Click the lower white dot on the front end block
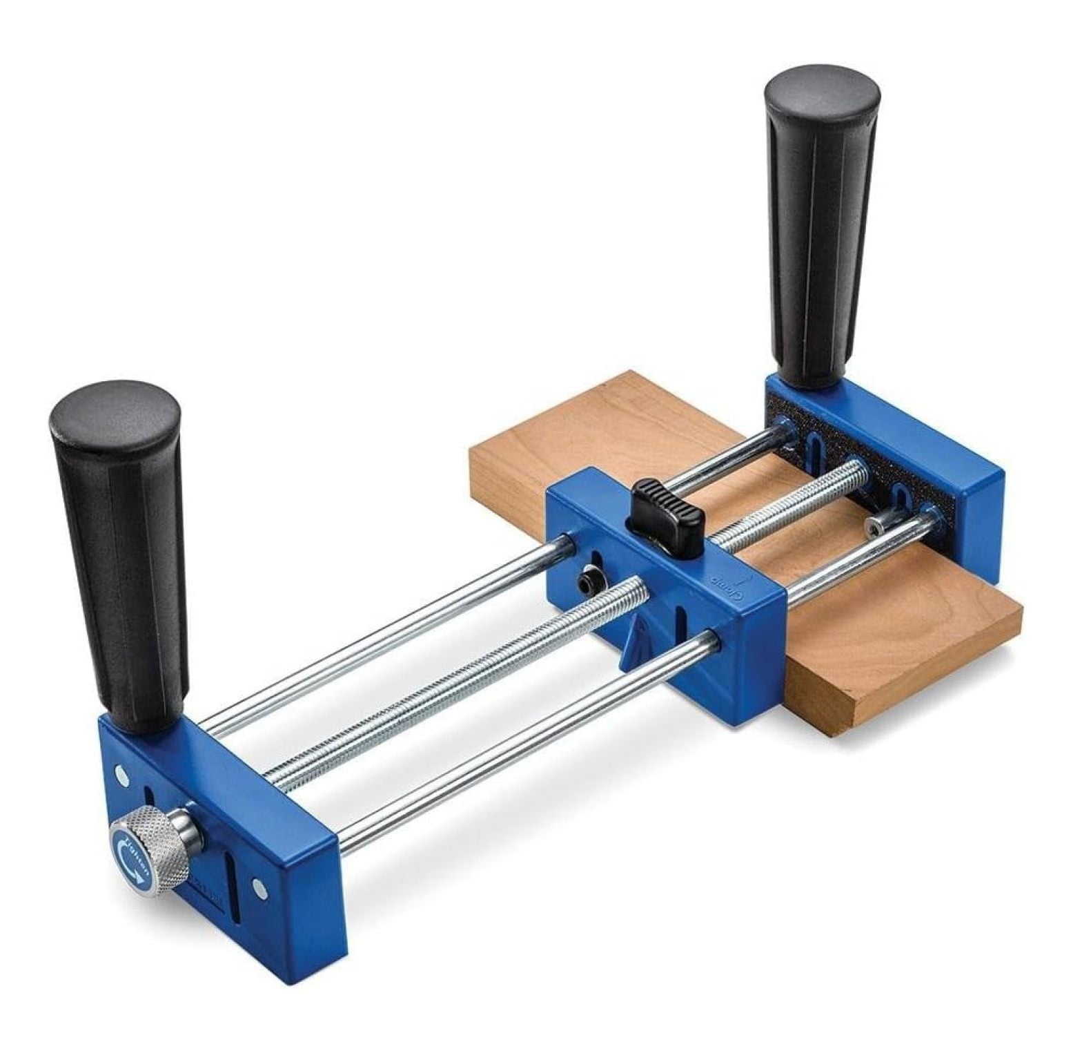click(259, 887)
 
